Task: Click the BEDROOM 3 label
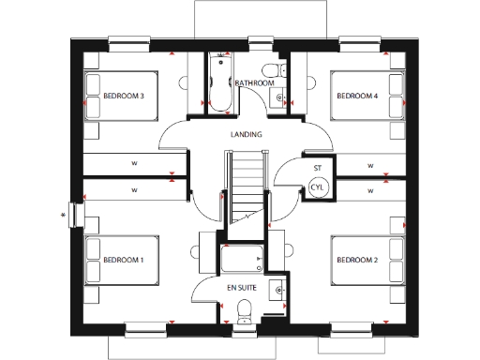click(x=122, y=95)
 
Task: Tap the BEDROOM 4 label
click(x=357, y=95)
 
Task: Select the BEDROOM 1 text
click(x=122, y=259)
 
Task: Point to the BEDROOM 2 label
click(x=357, y=259)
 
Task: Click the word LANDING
click(x=246, y=134)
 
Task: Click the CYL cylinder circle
click(x=318, y=187)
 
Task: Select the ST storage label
click(x=318, y=168)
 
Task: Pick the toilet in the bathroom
click(x=276, y=69)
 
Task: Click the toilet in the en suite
click(x=246, y=308)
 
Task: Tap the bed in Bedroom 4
click(x=362, y=95)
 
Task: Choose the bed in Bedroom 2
click(x=362, y=259)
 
